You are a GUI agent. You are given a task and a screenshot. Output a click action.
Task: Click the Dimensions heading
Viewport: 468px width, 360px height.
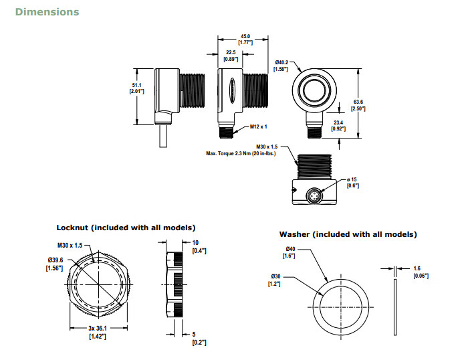point(47,11)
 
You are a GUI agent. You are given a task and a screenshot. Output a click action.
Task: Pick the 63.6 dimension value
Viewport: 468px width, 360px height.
point(359,102)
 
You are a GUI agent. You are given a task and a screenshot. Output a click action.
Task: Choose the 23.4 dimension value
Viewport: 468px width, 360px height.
point(338,122)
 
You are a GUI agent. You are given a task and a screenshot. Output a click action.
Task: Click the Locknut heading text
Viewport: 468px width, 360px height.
point(126,228)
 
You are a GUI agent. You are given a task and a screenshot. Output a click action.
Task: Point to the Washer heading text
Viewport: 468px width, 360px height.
point(348,234)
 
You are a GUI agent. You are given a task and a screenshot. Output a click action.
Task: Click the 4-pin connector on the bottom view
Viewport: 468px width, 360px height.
point(314,194)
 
